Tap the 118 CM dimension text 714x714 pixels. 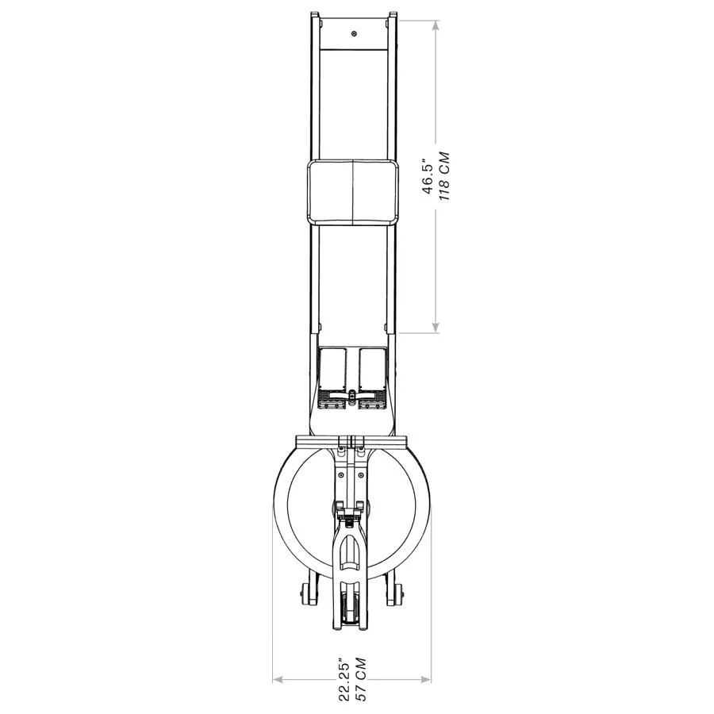tap(443, 177)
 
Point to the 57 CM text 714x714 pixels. tap(361, 679)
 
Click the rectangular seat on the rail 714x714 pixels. tap(353, 192)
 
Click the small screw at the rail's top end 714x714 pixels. tap(354, 33)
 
